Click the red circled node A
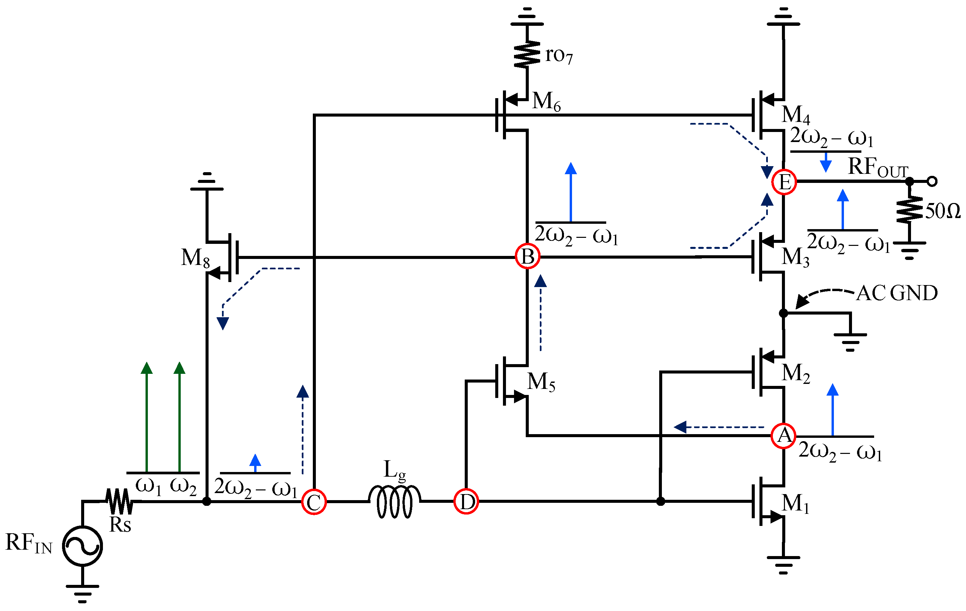click(784, 435)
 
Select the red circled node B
click(527, 256)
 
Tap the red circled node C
click(314, 501)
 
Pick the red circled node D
click(466, 501)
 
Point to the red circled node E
click(784, 182)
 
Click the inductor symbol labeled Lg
click(395, 501)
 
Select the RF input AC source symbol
click(82, 546)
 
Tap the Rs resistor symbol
click(119, 501)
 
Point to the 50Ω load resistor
click(910, 209)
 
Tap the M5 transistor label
click(541, 382)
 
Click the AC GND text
click(897, 293)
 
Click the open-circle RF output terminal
click(932, 182)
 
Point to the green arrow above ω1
click(147, 417)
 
